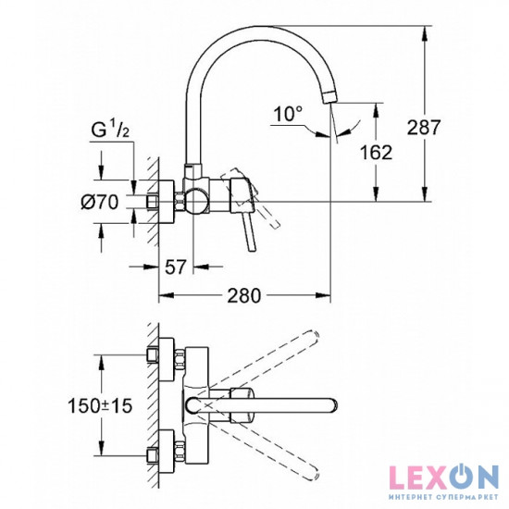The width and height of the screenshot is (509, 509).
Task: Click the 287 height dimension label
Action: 449,126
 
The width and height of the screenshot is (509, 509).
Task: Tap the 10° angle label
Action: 288,115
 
